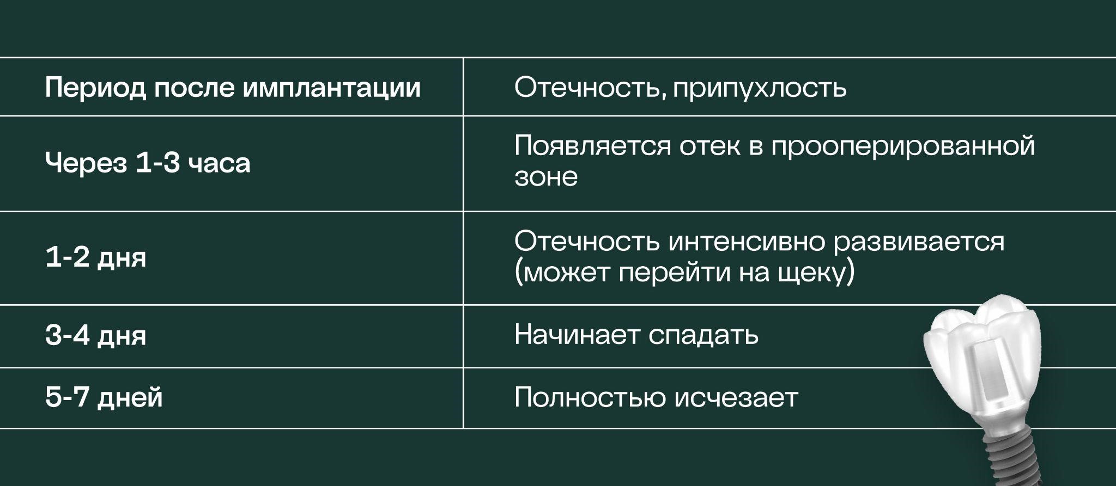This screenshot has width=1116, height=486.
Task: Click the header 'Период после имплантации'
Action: [233, 88]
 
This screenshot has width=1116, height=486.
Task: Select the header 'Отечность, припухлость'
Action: [680, 88]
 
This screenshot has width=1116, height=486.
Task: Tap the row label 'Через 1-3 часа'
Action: [148, 163]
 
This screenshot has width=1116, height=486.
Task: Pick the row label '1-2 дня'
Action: [96, 257]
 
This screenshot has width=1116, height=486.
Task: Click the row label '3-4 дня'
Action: [96, 335]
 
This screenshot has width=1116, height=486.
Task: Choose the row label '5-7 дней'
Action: [104, 397]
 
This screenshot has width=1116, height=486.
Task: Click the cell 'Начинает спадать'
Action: [636, 335]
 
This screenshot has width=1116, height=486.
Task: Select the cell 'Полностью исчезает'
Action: [656, 397]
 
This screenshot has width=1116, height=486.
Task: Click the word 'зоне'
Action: [545, 177]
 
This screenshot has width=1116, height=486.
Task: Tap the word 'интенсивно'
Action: [747, 242]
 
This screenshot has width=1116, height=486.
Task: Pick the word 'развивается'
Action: [919, 242]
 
